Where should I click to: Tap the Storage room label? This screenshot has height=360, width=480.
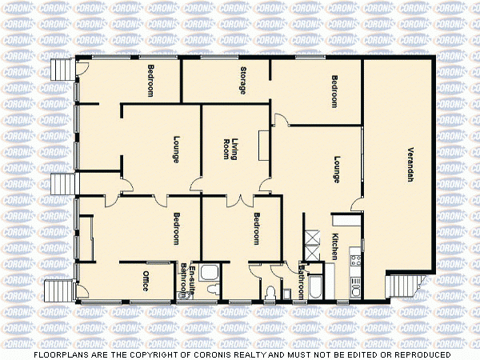pos(242,81)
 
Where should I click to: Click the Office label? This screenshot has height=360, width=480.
pos(146,282)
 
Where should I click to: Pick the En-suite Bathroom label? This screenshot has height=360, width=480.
pos(186,279)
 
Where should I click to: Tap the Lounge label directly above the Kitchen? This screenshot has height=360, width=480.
pos(338,169)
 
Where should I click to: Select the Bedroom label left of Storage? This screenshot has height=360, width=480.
pos(150,81)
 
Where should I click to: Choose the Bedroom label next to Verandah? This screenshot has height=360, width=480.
pos(334,91)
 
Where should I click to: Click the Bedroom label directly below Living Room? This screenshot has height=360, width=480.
pos(257,229)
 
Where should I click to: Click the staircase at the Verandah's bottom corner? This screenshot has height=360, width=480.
pos(403,285)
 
